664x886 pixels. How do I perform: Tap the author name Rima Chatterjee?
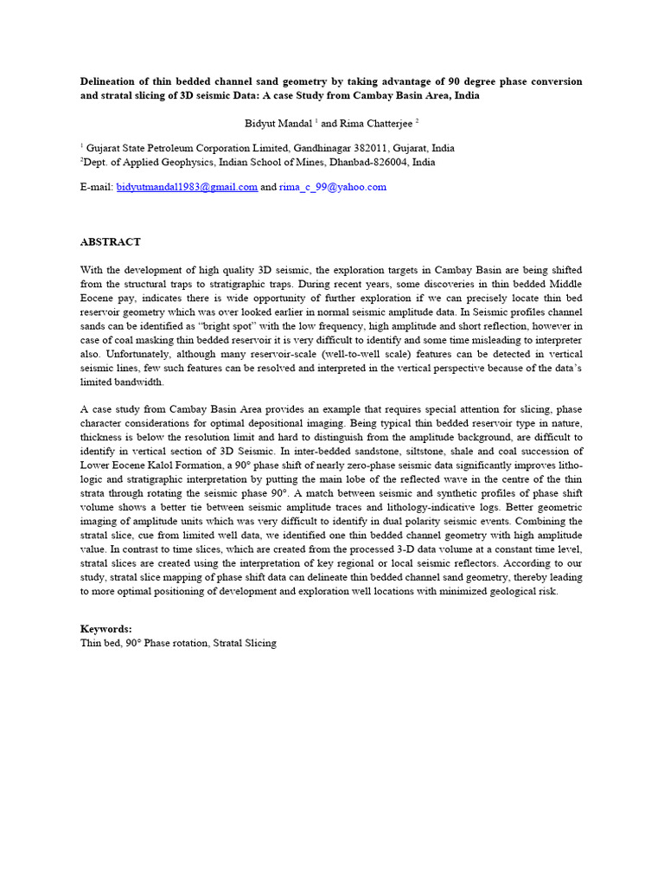(x=365, y=124)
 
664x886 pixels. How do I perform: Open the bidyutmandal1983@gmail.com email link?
(x=187, y=187)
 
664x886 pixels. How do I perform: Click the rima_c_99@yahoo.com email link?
(x=332, y=187)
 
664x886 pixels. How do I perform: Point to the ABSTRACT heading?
(x=111, y=242)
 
